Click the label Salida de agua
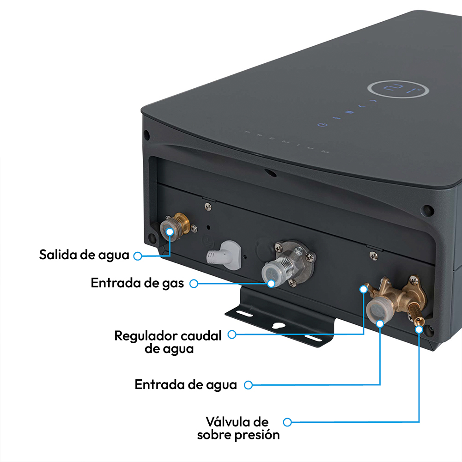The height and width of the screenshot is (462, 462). [84, 255]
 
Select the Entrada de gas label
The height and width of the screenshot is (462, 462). [137, 283]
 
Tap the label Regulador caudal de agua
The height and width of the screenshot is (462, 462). [168, 342]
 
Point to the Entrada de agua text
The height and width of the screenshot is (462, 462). [186, 384]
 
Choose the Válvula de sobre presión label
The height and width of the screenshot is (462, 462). [238, 428]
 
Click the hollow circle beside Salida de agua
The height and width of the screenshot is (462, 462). [137, 255]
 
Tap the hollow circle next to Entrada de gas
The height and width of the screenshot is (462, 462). [194, 283]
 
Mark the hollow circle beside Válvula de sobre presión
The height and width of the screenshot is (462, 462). [287, 422]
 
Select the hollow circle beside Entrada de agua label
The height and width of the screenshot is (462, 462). [249, 384]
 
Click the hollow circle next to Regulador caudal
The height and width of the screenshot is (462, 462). [232, 334]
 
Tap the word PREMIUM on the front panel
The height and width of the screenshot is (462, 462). [286, 142]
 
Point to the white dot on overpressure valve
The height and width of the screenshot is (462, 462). [419, 329]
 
